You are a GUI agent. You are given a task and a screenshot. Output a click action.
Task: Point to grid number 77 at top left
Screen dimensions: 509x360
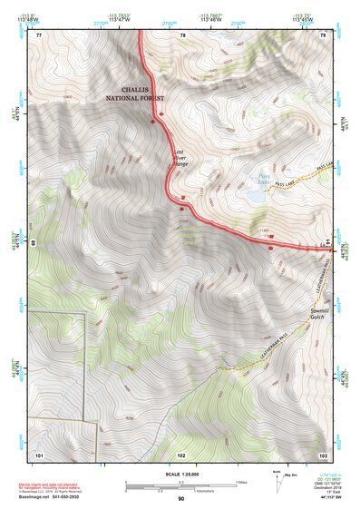[x=38, y=34]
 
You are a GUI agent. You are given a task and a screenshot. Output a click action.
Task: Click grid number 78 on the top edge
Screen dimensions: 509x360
[x=182, y=34]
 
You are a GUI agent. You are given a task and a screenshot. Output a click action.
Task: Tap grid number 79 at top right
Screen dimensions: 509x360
[x=324, y=34]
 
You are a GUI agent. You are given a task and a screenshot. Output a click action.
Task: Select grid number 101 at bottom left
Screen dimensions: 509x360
[x=39, y=454]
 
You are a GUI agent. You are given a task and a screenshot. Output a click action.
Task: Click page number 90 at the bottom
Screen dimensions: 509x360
[x=180, y=498]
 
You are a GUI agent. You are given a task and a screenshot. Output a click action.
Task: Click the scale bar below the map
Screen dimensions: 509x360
[x=180, y=485]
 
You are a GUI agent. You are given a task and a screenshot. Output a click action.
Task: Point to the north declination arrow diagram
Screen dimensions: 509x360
[x=280, y=482]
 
